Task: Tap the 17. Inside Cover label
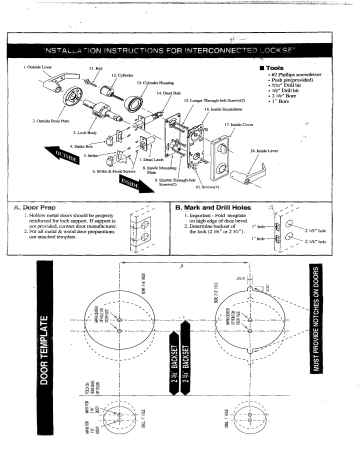click(x=240, y=125)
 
